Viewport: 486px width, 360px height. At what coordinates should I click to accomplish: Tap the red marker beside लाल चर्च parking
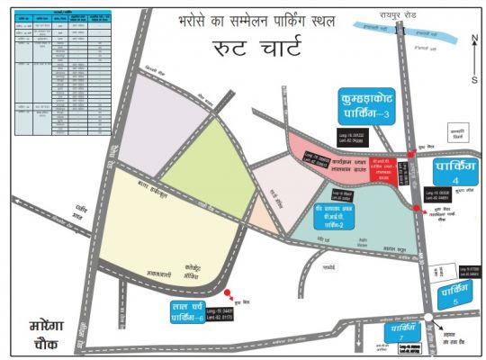[229, 292]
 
